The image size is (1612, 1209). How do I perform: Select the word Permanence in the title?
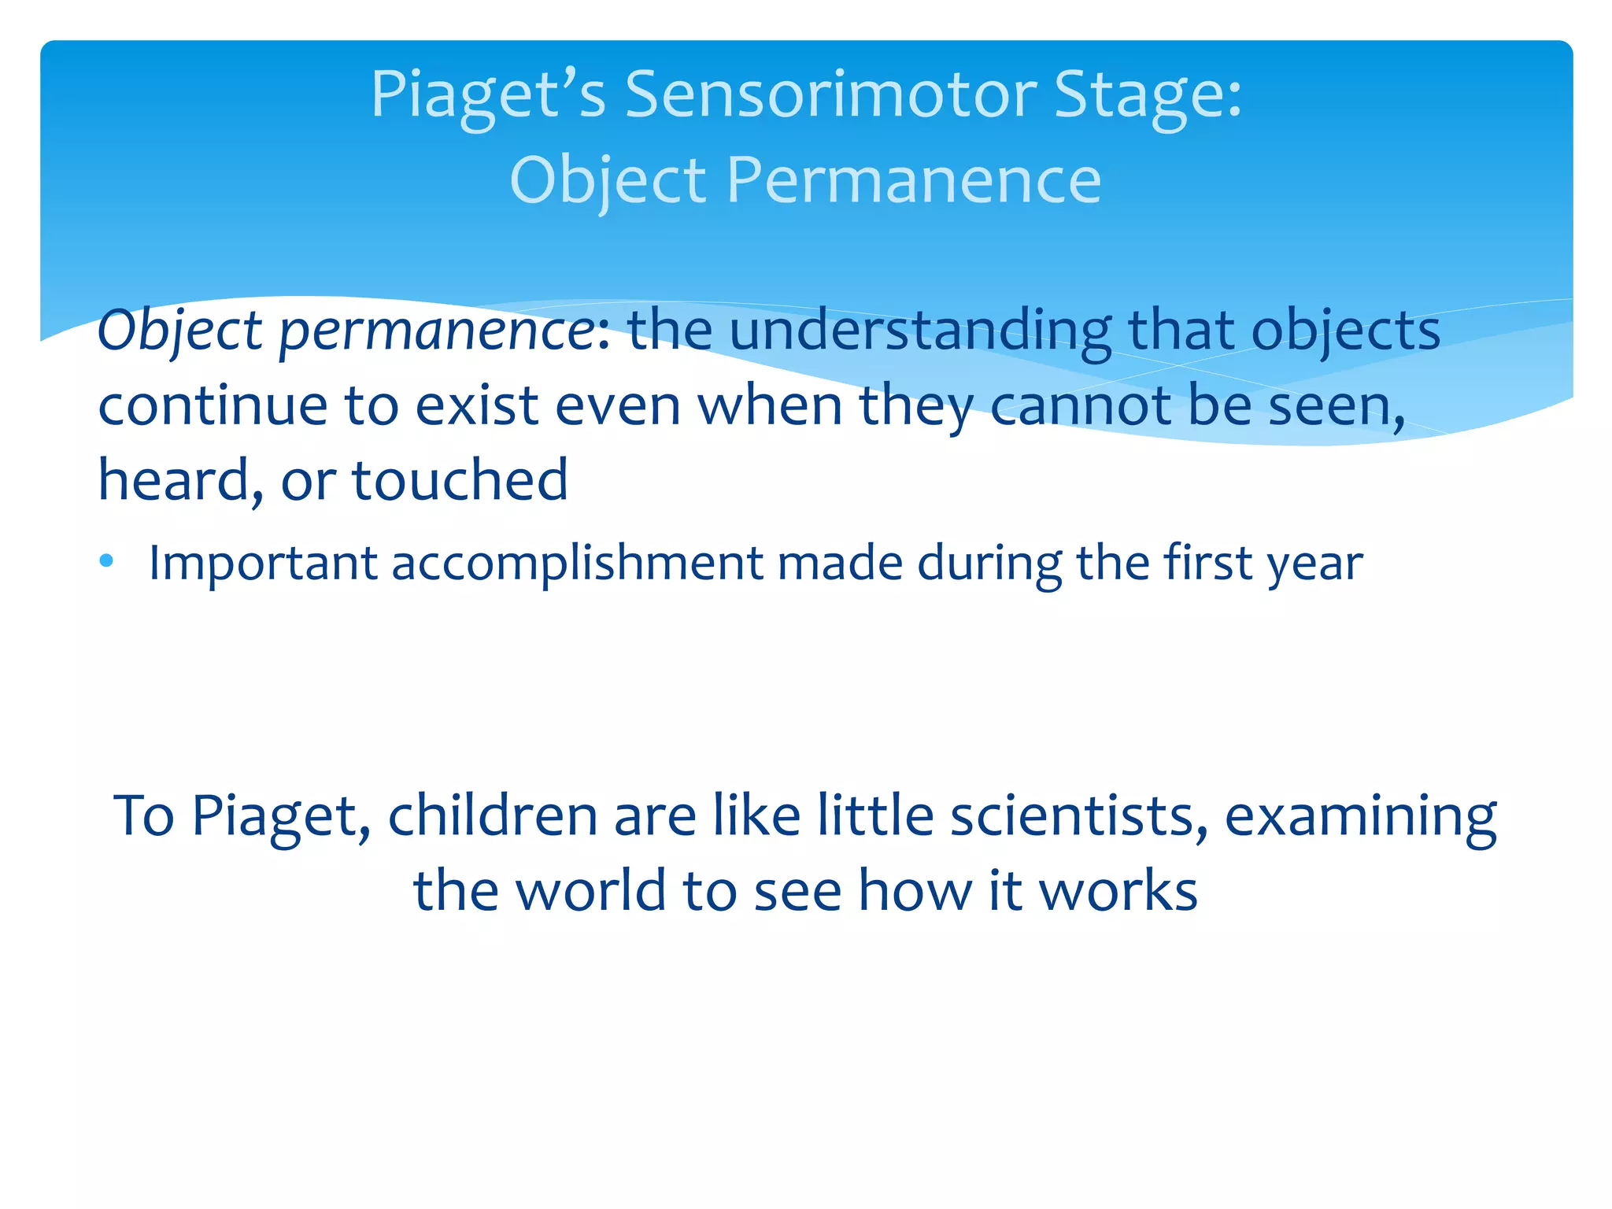pyautogui.click(x=913, y=180)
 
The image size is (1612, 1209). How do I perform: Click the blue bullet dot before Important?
pyautogui.click(x=107, y=561)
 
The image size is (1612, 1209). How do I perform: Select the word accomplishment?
pyautogui.click(x=577, y=564)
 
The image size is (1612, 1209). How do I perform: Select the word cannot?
pyautogui.click(x=1080, y=406)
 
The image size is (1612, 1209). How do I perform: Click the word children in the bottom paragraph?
pyautogui.click(x=492, y=815)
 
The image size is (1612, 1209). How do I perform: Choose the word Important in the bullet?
pyautogui.click(x=263, y=564)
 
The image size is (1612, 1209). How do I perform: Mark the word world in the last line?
pyautogui.click(x=591, y=891)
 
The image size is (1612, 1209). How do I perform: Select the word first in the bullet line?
pyautogui.click(x=1209, y=563)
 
